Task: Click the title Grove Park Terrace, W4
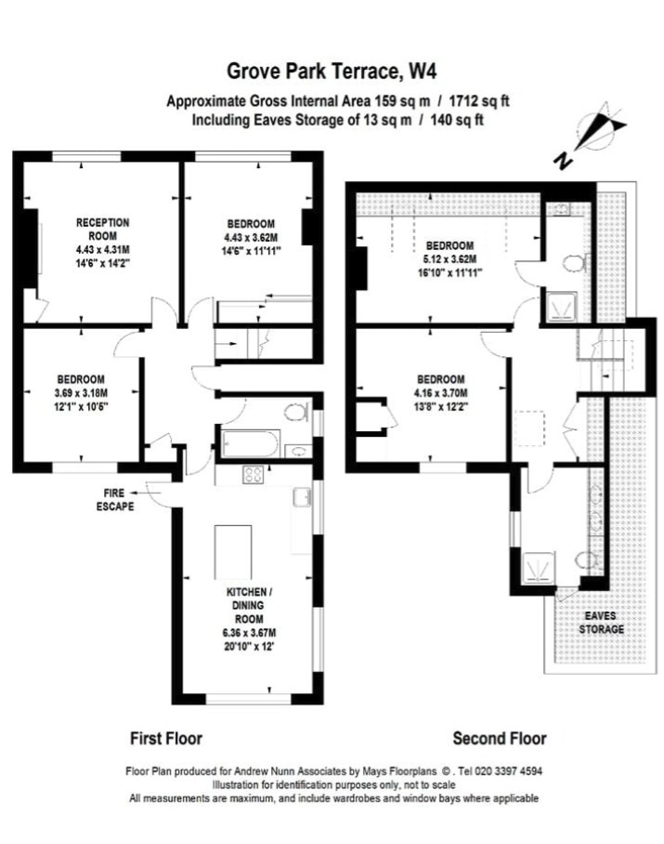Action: (x=332, y=71)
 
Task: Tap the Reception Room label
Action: (x=102, y=229)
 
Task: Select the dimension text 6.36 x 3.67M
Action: (x=249, y=632)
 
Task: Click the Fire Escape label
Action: (x=115, y=499)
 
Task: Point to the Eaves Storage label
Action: (x=601, y=622)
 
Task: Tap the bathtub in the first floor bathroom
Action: (x=250, y=443)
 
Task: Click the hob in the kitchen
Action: (x=254, y=474)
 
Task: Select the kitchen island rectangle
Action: (x=233, y=552)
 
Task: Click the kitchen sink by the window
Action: (x=302, y=496)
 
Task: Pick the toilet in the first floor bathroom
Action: (x=294, y=413)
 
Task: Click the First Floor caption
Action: (x=166, y=738)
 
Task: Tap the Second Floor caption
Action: (x=500, y=738)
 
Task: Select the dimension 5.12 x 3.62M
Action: (x=449, y=259)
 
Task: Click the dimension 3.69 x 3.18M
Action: (x=81, y=393)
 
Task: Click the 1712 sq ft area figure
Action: (x=479, y=100)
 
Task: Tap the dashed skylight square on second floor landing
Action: (x=529, y=429)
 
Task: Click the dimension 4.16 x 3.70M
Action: (x=442, y=393)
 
